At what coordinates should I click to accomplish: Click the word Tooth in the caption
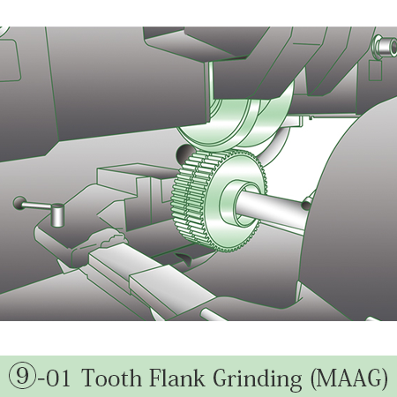click(112, 378)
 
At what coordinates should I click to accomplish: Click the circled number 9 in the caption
click(22, 378)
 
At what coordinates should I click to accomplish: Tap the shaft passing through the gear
click(272, 206)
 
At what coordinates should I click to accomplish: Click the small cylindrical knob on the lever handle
click(57, 215)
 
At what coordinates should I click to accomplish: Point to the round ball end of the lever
click(19, 203)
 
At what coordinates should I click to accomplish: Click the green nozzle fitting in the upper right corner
click(384, 47)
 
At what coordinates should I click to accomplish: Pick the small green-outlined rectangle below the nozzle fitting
click(375, 71)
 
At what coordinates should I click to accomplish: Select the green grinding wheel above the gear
click(236, 124)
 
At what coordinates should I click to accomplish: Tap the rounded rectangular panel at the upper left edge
click(10, 60)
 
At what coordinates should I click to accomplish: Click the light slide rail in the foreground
click(147, 273)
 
